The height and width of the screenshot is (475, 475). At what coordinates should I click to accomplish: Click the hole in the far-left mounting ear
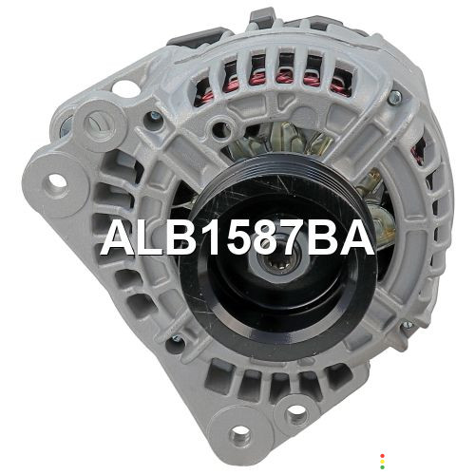tap(57, 181)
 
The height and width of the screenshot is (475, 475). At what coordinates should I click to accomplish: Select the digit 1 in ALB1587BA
tap(211, 237)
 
